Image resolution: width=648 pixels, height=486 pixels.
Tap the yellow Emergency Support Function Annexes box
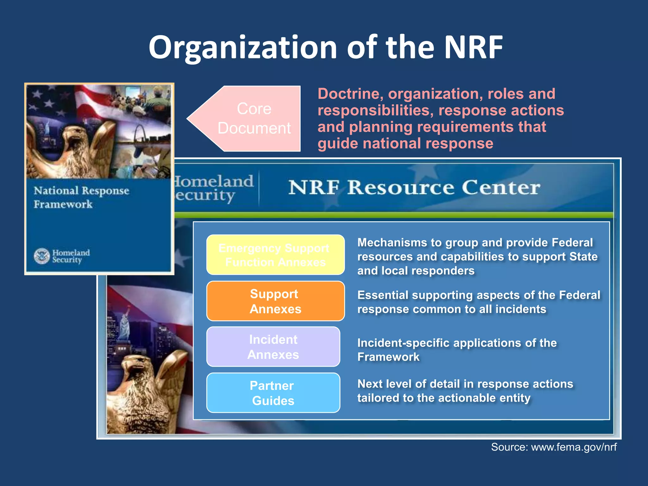pyautogui.click(x=275, y=255)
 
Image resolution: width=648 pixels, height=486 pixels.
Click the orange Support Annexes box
pyautogui.click(x=275, y=301)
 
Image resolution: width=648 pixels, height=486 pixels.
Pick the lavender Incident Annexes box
pyautogui.click(x=273, y=347)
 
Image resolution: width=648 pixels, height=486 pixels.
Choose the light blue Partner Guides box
pyautogui.click(x=273, y=393)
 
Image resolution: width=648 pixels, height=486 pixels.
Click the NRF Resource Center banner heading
pyautogui.click(x=414, y=187)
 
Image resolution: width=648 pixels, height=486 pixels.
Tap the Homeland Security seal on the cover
pyautogui.click(x=42, y=256)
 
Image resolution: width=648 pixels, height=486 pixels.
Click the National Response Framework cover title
pyautogui.click(x=81, y=197)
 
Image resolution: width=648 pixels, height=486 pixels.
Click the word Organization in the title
pyautogui.click(x=242, y=47)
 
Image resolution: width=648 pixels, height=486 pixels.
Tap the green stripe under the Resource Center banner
pyautogui.click(x=392, y=215)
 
